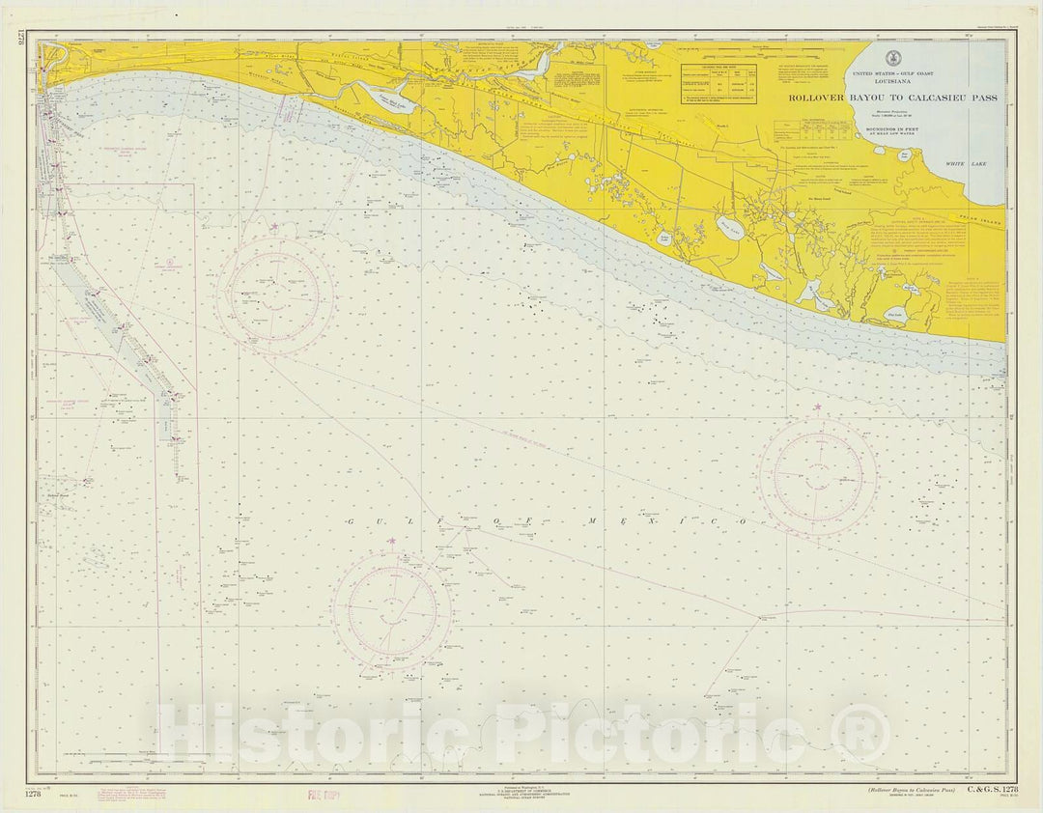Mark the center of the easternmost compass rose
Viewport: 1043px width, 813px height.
817,476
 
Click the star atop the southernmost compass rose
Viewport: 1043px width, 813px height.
391,542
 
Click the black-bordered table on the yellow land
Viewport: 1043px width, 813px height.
719,84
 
